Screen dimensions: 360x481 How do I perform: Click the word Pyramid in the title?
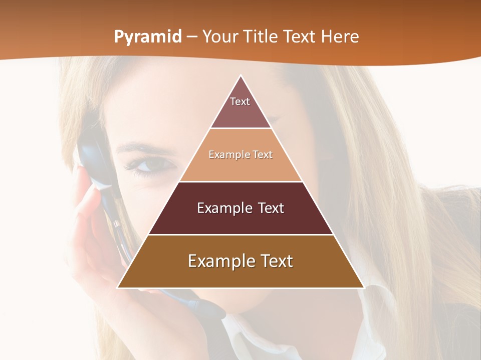coord(147,37)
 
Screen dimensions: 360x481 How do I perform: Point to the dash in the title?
coord(192,37)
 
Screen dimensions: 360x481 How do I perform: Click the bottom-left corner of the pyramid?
coord(118,287)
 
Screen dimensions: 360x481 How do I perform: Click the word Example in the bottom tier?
coord(219,261)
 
